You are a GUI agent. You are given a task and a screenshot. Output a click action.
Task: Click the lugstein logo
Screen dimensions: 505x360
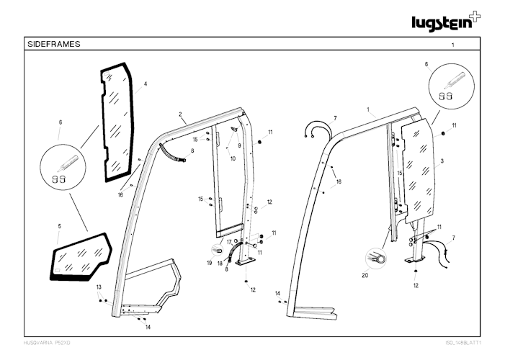pyautogui.click(x=446, y=22)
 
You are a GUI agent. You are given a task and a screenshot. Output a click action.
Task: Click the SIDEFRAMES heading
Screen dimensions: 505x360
pyautogui.click(x=54, y=44)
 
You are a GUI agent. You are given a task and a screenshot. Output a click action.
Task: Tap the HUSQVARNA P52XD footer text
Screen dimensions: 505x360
pyautogui.click(x=47, y=343)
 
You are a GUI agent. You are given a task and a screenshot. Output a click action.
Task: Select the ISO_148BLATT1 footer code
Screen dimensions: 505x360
pyautogui.click(x=463, y=343)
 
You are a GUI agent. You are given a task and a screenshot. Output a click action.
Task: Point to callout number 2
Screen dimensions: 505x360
pyautogui.click(x=180, y=114)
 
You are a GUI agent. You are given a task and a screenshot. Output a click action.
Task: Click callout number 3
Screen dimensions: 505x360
pyautogui.click(x=442, y=161)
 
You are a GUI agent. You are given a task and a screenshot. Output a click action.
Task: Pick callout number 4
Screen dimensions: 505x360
pyautogui.click(x=146, y=84)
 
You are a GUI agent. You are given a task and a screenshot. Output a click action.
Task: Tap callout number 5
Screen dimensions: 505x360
pyautogui.click(x=59, y=226)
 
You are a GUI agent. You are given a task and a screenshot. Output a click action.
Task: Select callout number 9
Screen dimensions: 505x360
pyautogui.click(x=239, y=145)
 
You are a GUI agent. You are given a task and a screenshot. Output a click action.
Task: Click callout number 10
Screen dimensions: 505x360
pyautogui.click(x=233, y=158)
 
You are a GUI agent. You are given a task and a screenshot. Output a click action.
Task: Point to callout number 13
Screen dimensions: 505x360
pyautogui.click(x=99, y=287)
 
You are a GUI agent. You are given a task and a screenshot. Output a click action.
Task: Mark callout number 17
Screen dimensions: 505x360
pyautogui.click(x=229, y=242)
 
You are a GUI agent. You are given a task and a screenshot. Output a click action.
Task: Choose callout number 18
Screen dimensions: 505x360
pyautogui.click(x=220, y=264)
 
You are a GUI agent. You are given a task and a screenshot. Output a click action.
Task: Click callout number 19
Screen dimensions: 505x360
pyautogui.click(x=210, y=263)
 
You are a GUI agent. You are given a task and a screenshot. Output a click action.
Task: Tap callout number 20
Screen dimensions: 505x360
pyautogui.click(x=365, y=275)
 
